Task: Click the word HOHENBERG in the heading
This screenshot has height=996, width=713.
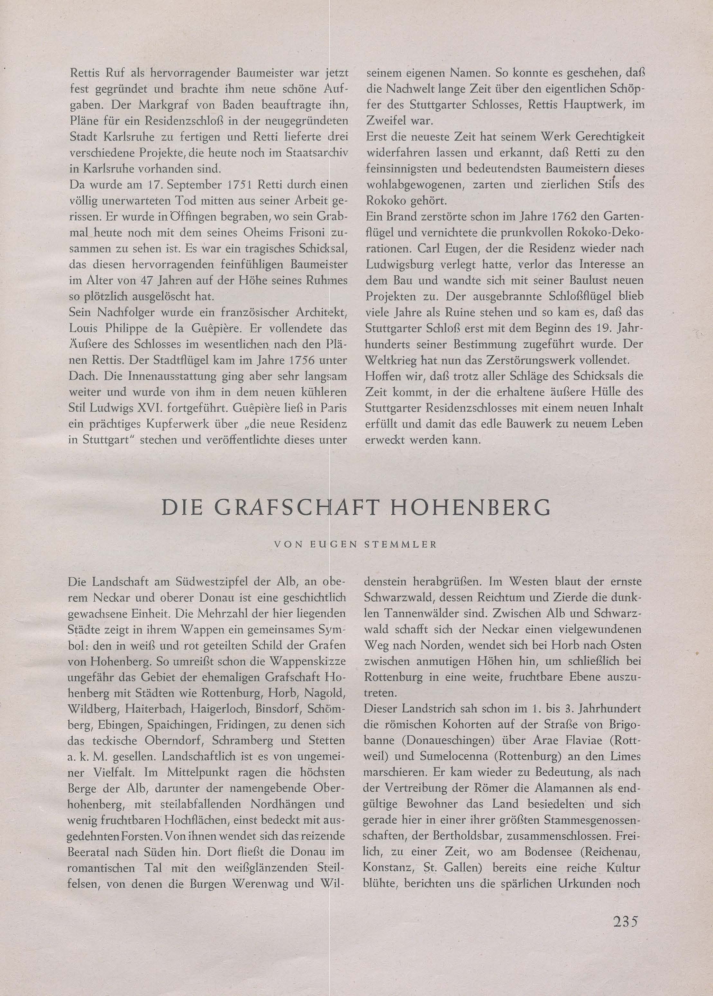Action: tap(470, 508)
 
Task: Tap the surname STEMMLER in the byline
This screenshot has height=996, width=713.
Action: tap(400, 545)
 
